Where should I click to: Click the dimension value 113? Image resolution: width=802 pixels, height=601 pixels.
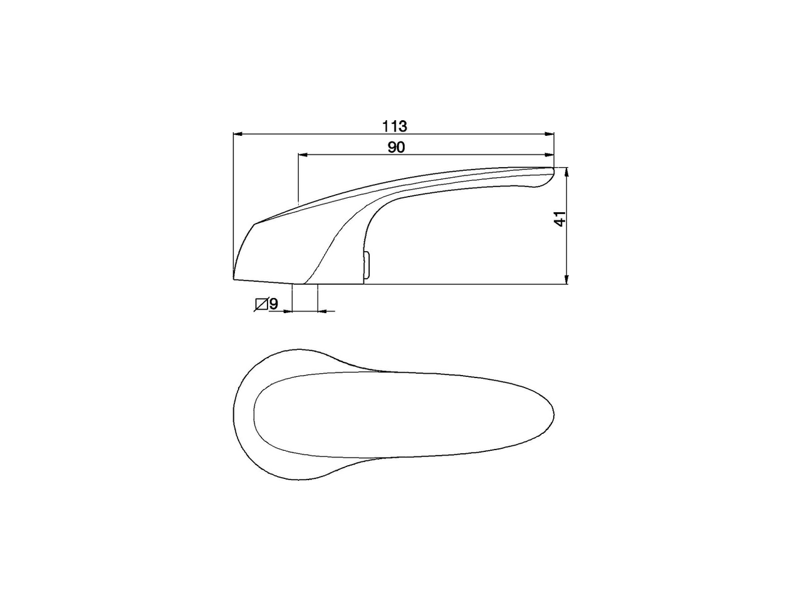395,126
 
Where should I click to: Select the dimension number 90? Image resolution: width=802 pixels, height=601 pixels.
396,147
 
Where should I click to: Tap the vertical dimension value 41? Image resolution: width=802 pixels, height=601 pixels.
561,218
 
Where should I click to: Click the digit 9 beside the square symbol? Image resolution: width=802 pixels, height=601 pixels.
274,305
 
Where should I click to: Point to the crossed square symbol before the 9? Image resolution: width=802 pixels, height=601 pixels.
261,305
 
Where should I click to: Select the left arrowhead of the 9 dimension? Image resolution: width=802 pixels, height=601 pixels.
289,310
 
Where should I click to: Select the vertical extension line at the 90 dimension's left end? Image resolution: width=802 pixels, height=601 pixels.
298,178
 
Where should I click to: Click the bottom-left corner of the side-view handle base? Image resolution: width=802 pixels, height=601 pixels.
234,279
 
